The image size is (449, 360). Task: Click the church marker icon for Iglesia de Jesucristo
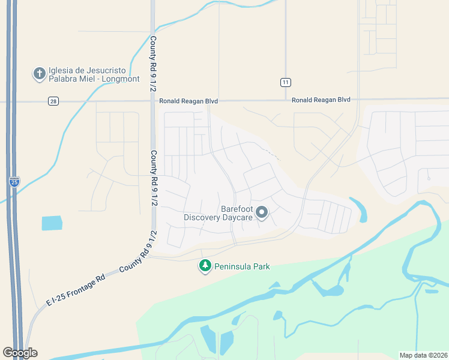(40, 74)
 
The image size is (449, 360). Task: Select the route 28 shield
(53, 101)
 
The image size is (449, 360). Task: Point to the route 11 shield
(286, 82)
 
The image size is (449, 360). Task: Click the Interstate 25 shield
(14, 181)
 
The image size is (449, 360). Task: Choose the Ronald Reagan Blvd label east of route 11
(321, 100)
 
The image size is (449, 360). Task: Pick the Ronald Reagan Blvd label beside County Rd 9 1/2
(188, 101)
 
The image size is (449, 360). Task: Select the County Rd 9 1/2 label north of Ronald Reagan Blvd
(154, 64)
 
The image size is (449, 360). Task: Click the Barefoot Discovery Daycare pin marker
(262, 212)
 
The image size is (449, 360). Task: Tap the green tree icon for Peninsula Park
(205, 266)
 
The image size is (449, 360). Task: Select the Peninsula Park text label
(243, 266)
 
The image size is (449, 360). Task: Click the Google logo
(20, 353)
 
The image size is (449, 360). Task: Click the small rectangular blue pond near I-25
(52, 223)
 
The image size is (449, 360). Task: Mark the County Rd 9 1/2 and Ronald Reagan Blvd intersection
(153, 101)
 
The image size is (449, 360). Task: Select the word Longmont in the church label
(122, 79)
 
